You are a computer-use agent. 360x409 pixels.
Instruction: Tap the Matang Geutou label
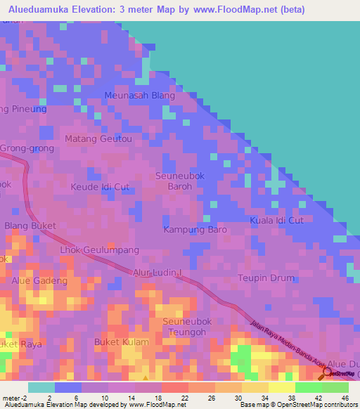click(98, 139)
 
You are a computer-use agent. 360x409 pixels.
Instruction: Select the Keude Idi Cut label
click(101, 188)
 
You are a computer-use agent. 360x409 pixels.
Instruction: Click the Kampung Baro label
click(195, 230)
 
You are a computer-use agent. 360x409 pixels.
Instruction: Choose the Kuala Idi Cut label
click(276, 221)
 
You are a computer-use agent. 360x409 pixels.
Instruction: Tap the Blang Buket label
click(30, 226)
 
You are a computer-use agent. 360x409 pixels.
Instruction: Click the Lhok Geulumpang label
click(100, 250)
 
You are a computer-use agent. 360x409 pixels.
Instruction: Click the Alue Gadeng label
click(39, 281)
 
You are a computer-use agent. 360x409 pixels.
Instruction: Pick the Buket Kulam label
click(122, 342)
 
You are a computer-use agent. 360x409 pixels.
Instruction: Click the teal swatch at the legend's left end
click(41, 387)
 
